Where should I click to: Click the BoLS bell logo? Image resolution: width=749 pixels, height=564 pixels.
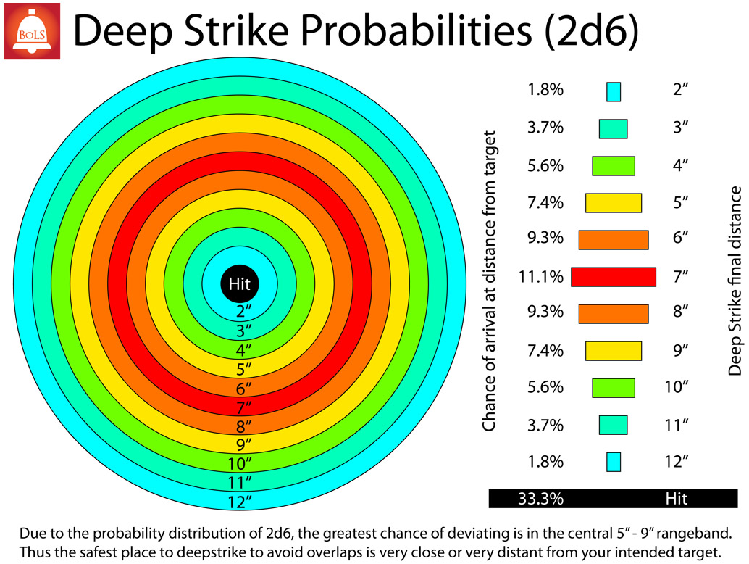click(x=32, y=31)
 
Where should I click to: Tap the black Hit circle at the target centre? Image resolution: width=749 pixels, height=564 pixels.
click(x=239, y=284)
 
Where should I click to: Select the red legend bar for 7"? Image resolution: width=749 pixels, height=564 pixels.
click(x=614, y=277)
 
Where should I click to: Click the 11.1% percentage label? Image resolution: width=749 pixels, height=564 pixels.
click(x=541, y=277)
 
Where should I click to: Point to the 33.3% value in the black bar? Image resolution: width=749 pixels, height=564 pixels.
click(x=540, y=499)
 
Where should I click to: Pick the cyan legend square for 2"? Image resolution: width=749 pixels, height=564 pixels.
click(x=614, y=92)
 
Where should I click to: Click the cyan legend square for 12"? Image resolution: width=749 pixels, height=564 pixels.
click(x=614, y=463)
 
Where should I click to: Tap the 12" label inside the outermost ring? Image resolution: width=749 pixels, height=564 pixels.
click(x=239, y=502)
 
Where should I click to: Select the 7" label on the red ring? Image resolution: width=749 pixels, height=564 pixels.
click(x=243, y=407)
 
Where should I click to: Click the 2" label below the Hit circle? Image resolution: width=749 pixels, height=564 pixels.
click(x=243, y=311)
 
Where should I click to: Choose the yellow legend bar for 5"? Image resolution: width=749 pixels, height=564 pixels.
click(x=614, y=203)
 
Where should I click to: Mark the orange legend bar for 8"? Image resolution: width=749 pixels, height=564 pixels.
click(x=614, y=314)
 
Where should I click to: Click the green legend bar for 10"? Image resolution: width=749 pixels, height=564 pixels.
click(x=614, y=388)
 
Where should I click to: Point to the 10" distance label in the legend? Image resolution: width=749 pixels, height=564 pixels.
click(x=677, y=386)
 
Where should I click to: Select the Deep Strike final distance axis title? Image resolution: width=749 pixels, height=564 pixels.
click(x=735, y=281)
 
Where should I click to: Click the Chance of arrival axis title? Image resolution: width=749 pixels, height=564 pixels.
click(x=489, y=281)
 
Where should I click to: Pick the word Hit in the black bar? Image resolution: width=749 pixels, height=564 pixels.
click(x=677, y=499)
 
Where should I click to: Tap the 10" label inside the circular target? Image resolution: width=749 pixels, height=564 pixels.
click(x=239, y=464)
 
